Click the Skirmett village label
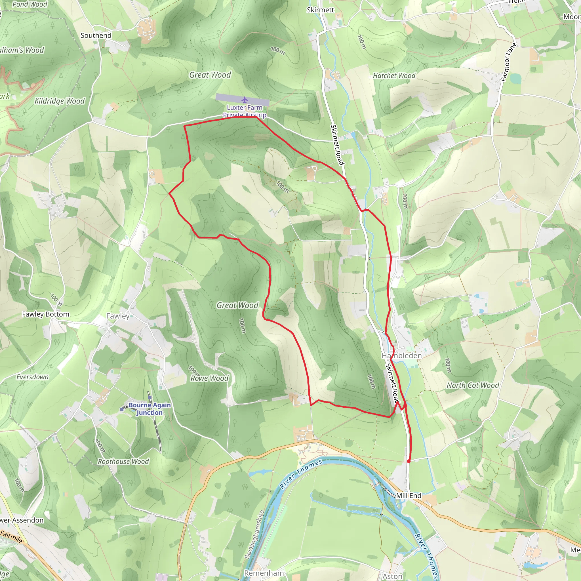[x=320, y=10]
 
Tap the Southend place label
[x=96, y=35]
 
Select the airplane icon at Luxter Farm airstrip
[x=245, y=100]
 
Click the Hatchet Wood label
[x=394, y=76]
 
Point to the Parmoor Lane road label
[x=508, y=62]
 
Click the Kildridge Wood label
[x=60, y=101]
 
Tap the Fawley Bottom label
[x=45, y=314]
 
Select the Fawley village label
[x=118, y=316]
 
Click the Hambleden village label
[x=402, y=355]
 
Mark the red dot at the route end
[x=409, y=461]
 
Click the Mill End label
[x=409, y=496]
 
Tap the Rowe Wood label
[x=210, y=378]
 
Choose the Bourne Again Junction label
[x=150, y=409]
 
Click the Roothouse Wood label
[x=123, y=462]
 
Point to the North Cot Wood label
[x=472, y=385]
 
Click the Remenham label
[x=264, y=573]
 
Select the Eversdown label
[x=32, y=377]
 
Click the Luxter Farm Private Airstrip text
[x=245, y=111]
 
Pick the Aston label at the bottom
[x=392, y=576]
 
